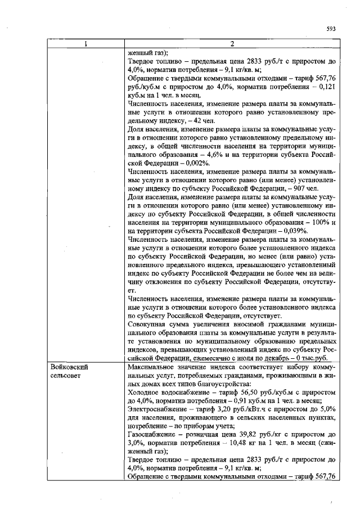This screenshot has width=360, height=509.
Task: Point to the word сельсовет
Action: tap(66, 375)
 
